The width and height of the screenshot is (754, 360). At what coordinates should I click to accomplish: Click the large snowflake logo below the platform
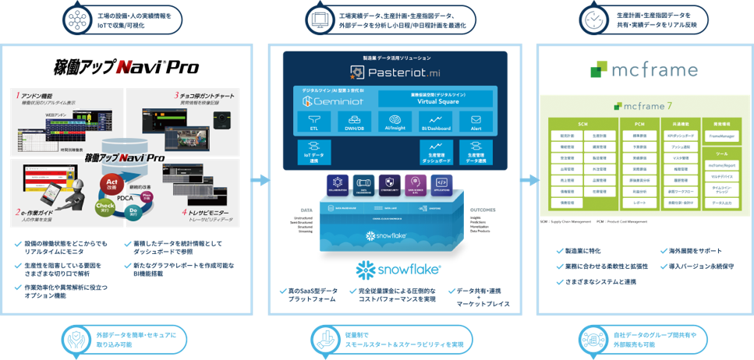[398, 270]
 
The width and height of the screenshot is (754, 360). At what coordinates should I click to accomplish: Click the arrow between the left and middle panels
[262, 179]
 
